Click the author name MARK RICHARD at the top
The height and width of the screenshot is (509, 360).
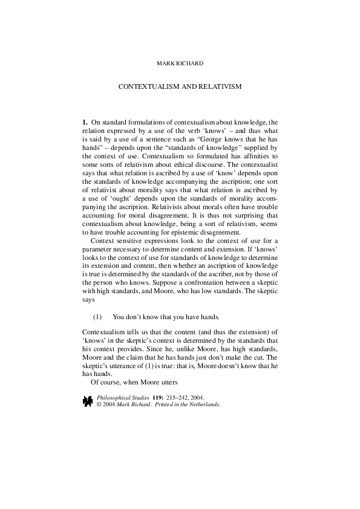coord(180,62)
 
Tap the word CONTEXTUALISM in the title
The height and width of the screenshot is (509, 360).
coord(147,86)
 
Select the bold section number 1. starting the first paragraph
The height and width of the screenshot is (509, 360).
coord(85,122)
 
